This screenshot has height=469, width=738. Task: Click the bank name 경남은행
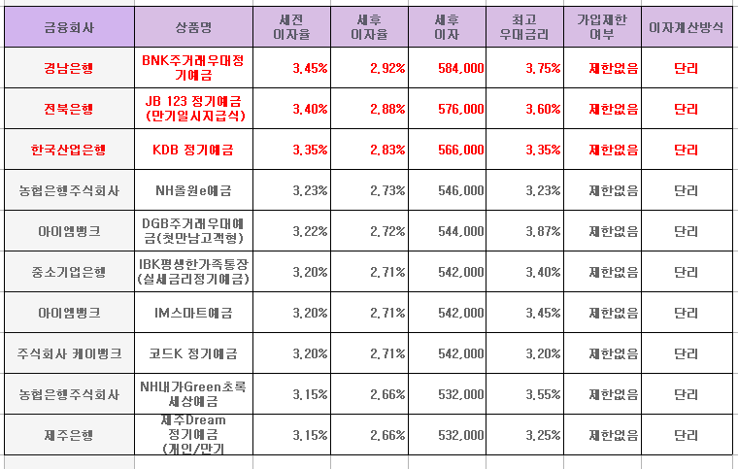point(68,68)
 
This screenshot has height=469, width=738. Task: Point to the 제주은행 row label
point(68,435)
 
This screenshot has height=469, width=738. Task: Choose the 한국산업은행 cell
point(68,150)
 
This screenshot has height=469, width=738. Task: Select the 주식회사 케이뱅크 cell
point(68,353)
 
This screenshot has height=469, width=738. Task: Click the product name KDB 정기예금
point(192,150)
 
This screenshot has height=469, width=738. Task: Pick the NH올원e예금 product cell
point(192,190)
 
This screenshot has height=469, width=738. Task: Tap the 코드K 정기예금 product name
point(192,353)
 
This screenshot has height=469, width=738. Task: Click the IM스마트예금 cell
point(192,313)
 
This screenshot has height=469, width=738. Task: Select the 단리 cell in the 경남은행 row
point(686,68)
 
